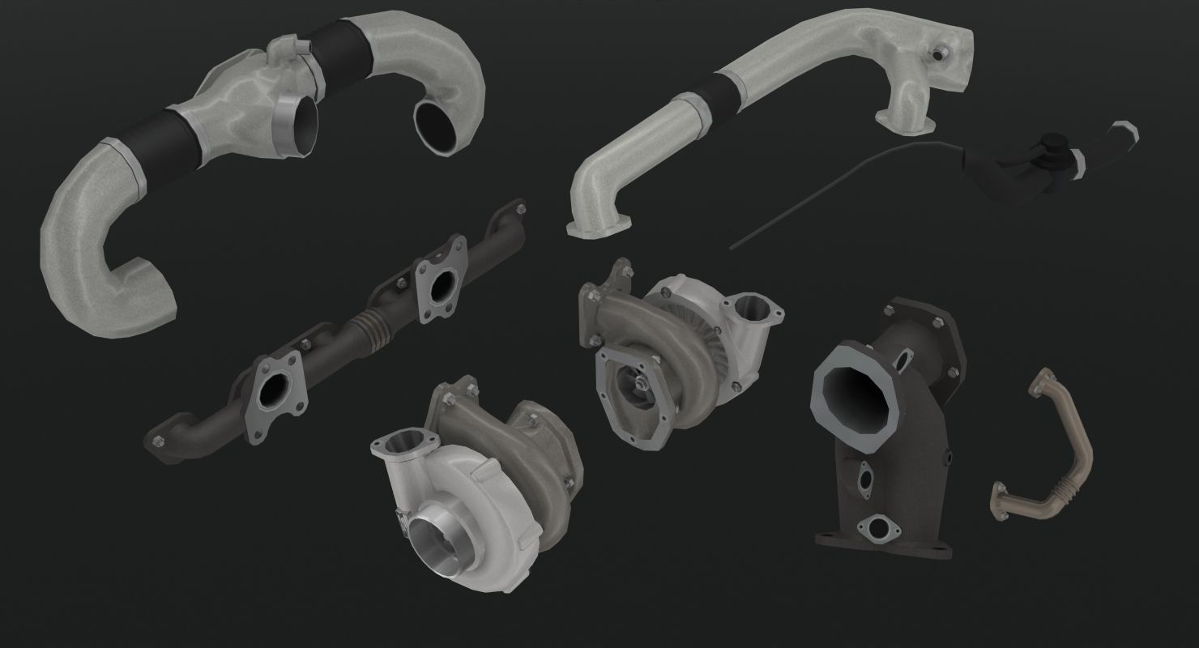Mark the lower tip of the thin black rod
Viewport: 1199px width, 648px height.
pos(732,248)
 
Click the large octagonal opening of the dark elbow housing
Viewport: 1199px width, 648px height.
pos(856,399)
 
